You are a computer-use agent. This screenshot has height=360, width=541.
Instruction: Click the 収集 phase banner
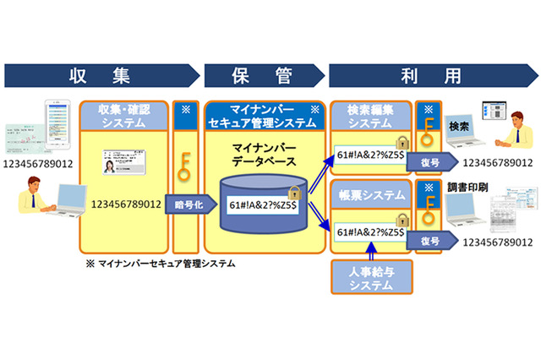pos(101,75)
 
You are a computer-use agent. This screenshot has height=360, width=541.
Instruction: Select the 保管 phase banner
pos(262,75)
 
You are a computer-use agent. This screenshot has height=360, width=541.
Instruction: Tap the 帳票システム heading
pos(369,195)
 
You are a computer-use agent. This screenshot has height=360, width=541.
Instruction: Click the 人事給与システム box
pos(369,278)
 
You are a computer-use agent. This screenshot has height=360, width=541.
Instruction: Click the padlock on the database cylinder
pos(295,194)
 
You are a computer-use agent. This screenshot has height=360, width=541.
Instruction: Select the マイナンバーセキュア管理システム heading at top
pos(262,116)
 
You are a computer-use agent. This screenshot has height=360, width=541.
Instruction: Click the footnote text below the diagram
pos(161,265)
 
